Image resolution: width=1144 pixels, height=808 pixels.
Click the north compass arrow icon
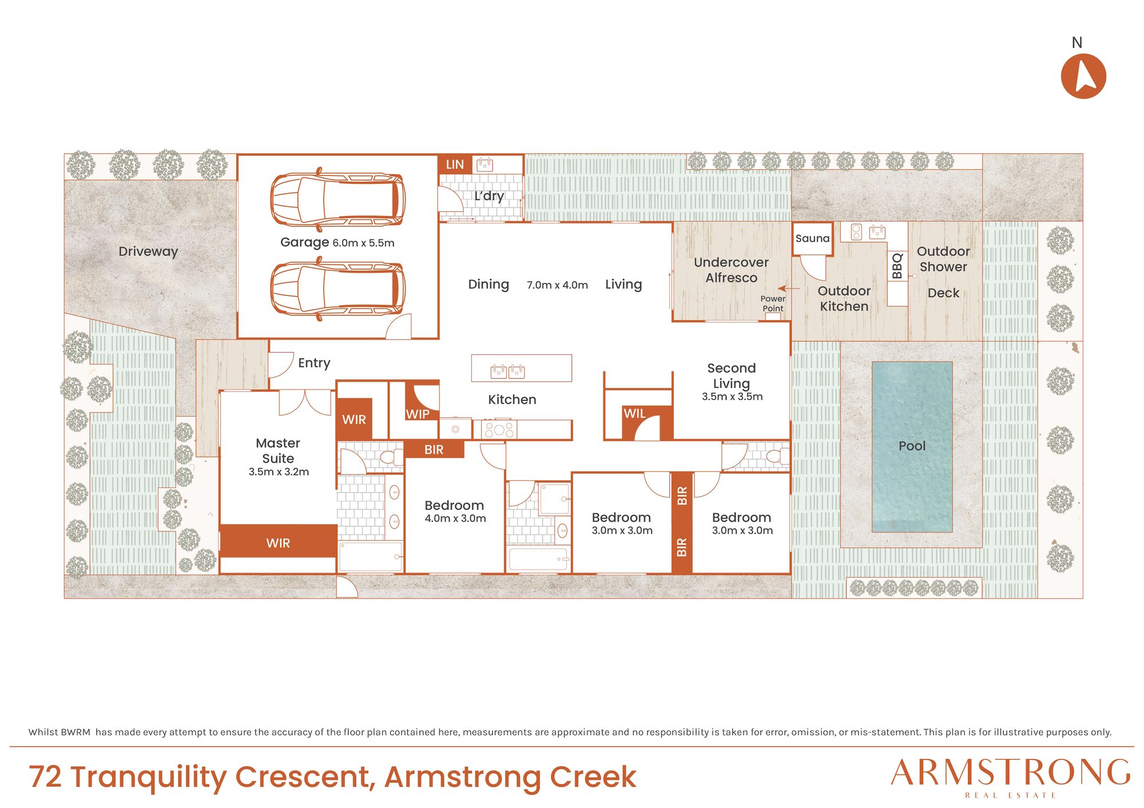click(x=1083, y=76)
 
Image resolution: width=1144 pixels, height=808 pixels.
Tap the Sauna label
click(x=812, y=238)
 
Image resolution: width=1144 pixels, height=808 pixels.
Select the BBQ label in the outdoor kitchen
click(x=897, y=266)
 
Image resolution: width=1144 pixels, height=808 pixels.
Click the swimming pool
click(x=912, y=446)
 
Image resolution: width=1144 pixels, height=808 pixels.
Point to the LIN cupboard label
click(x=455, y=165)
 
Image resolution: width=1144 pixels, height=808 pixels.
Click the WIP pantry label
click(x=418, y=414)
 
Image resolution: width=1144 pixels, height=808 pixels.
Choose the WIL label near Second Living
click(x=634, y=413)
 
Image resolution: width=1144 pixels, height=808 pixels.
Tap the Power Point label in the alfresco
click(x=773, y=303)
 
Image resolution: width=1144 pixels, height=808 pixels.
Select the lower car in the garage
click(x=337, y=289)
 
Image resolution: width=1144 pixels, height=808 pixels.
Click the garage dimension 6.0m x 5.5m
click(x=363, y=243)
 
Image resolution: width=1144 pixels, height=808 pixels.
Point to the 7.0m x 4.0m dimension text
click(x=557, y=285)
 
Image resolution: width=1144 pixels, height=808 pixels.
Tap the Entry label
click(x=314, y=363)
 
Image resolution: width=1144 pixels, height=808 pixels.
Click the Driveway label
click(x=148, y=251)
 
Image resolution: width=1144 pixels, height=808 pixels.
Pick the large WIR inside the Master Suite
click(x=278, y=541)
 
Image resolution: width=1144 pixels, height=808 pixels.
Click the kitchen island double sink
click(x=507, y=371)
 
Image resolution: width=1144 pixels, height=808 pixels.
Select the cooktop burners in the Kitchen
click(x=498, y=429)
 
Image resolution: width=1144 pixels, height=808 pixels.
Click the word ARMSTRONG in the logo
click(x=1011, y=773)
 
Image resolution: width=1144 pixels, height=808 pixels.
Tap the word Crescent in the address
click(x=304, y=777)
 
